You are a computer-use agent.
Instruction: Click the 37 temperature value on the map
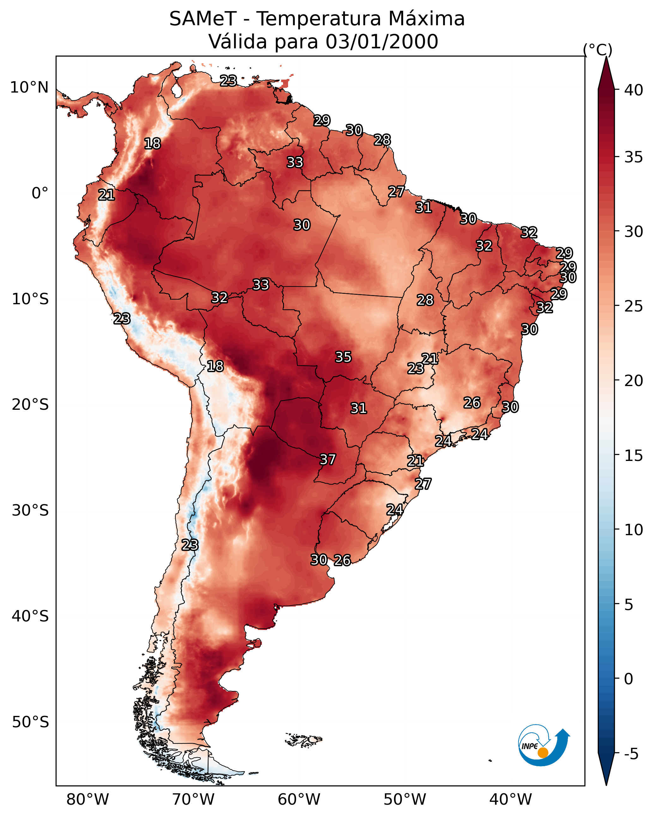click(x=327, y=459)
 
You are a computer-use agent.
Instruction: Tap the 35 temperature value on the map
click(x=343, y=357)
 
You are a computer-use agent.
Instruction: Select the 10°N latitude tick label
click(x=29, y=88)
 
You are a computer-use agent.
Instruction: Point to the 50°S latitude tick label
click(x=30, y=722)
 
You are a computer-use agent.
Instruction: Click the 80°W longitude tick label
click(x=88, y=800)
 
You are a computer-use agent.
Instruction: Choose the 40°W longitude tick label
click(x=511, y=800)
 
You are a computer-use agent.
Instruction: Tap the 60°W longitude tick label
click(x=299, y=800)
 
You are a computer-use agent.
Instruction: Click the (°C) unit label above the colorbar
click(x=598, y=50)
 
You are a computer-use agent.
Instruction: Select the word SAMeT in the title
click(x=203, y=19)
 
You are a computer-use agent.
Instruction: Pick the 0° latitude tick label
click(x=40, y=193)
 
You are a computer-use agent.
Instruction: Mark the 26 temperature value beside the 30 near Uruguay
click(x=342, y=560)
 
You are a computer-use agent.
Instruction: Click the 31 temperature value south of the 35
click(x=359, y=408)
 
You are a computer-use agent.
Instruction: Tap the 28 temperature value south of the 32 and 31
click(x=425, y=300)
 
